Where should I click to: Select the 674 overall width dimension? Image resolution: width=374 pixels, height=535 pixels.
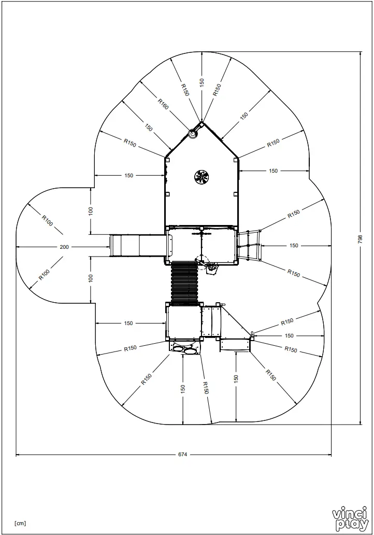pyautogui.click(x=182, y=455)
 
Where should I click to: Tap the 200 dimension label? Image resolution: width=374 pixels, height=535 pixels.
pyautogui.click(x=64, y=247)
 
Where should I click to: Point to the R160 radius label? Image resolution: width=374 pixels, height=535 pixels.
pyautogui.click(x=163, y=104)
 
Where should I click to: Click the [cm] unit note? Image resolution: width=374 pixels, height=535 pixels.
pyautogui.click(x=20, y=523)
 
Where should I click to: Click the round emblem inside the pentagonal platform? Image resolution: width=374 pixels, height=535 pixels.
pyautogui.click(x=201, y=177)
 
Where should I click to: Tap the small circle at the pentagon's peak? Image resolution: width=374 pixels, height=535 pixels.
pyautogui.click(x=193, y=133)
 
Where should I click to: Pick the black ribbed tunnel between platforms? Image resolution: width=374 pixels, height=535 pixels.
pyautogui.click(x=184, y=283)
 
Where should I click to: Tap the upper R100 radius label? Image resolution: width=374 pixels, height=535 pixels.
pyautogui.click(x=47, y=220)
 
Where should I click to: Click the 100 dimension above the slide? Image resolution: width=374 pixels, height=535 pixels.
pyautogui.click(x=91, y=211)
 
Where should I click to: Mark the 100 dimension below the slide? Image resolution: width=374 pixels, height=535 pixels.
pyautogui.click(x=91, y=278)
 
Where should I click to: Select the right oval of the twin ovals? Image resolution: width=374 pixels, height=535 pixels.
pyautogui.click(x=190, y=351)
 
